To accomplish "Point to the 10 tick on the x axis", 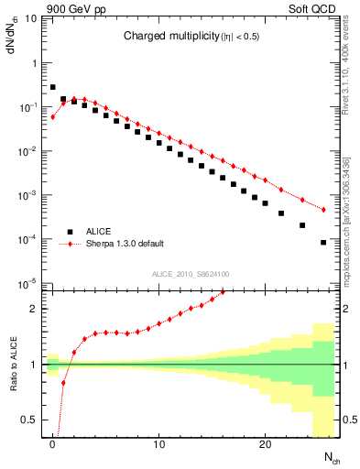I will (x=159, y=446).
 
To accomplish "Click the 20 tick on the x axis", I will (x=265, y=446).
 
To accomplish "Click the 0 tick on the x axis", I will (x=53, y=446).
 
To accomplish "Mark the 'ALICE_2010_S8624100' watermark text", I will (x=191, y=274).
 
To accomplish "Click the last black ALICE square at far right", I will (x=323, y=243).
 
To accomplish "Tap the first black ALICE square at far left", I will (x=53, y=87).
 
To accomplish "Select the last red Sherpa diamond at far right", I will (x=323, y=210).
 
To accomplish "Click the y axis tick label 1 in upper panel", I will (x=36, y=63).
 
